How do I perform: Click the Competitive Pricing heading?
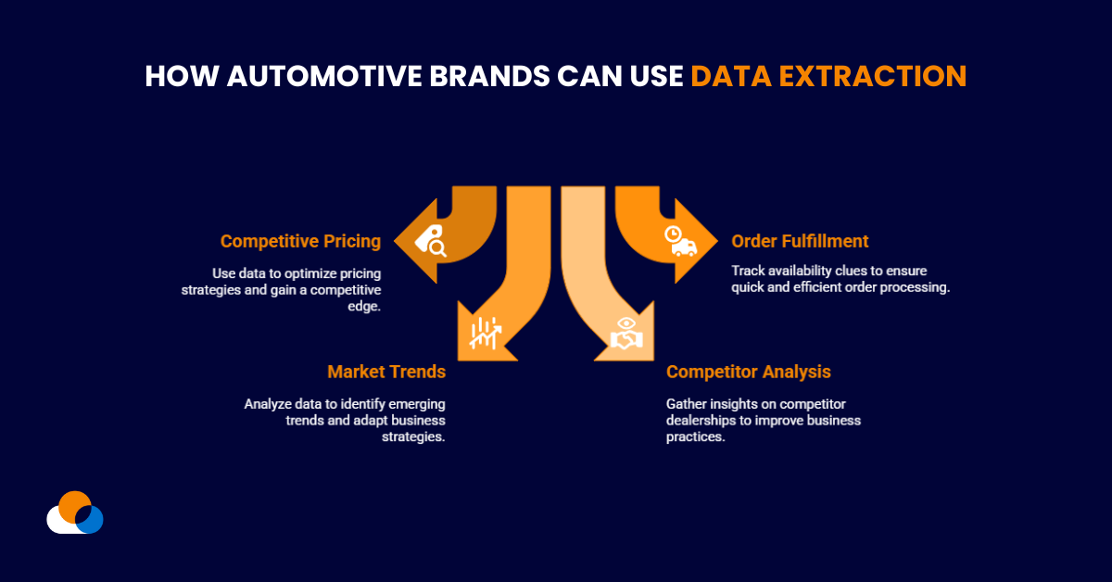(x=300, y=241)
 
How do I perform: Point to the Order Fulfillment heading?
(x=800, y=241)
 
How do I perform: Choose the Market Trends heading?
(x=386, y=372)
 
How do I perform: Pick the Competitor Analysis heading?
(x=748, y=372)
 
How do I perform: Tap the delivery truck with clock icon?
(x=680, y=241)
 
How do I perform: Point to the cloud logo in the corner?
(x=74, y=512)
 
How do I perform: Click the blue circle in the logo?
(x=89, y=519)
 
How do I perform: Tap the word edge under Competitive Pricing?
(x=366, y=306)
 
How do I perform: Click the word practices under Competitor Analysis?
(x=694, y=436)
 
